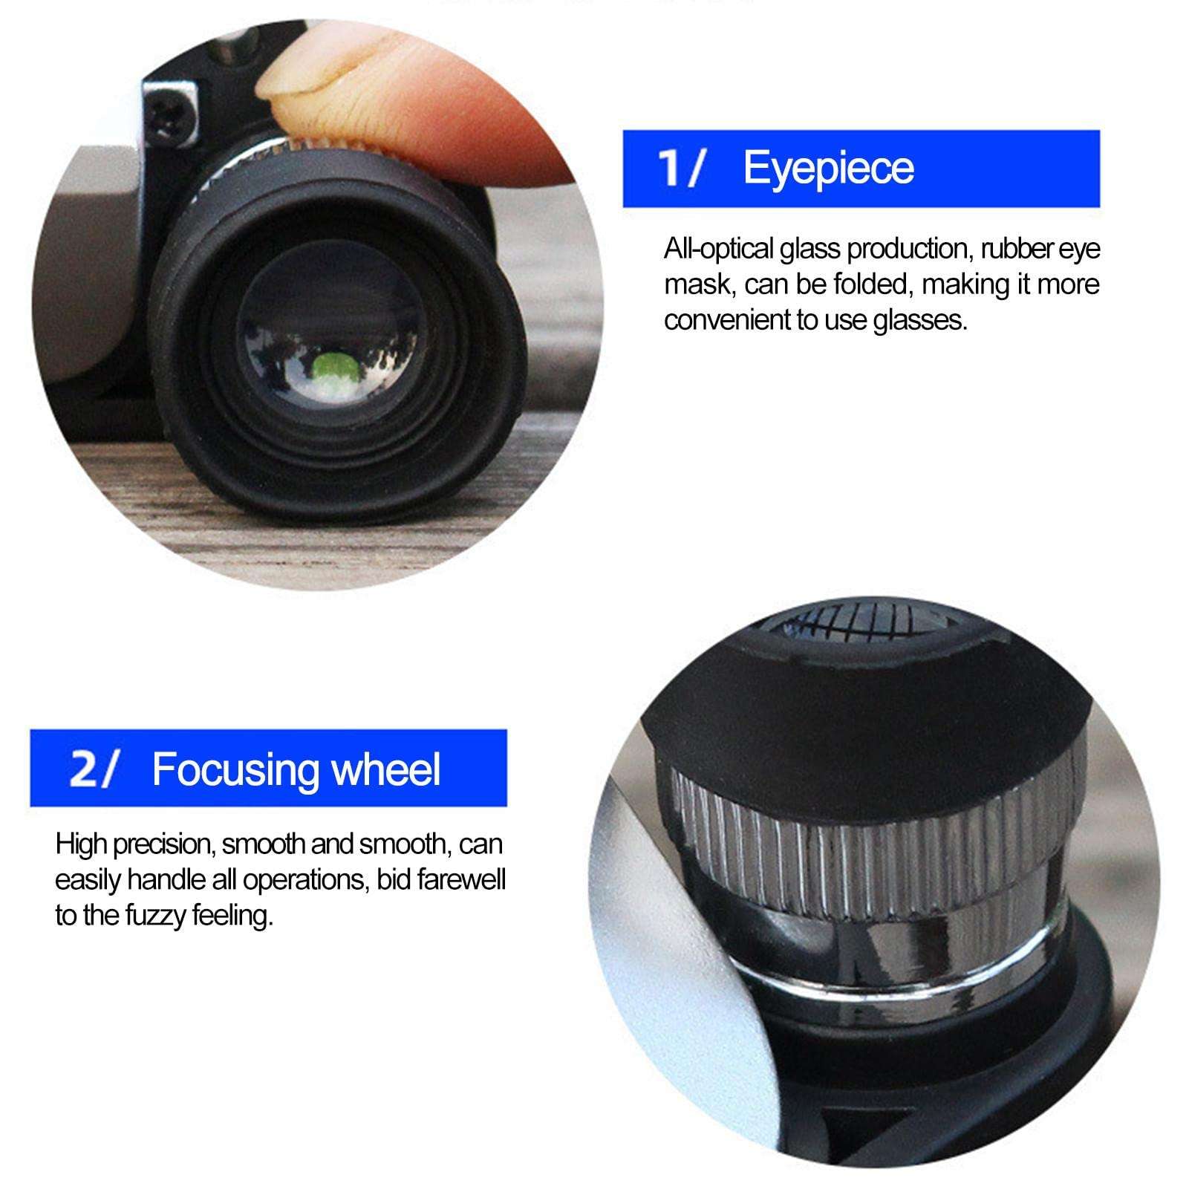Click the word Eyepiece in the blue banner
coord(828,169)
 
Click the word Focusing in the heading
coord(235,769)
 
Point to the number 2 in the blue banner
coord(83,769)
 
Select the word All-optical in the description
coord(718,249)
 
